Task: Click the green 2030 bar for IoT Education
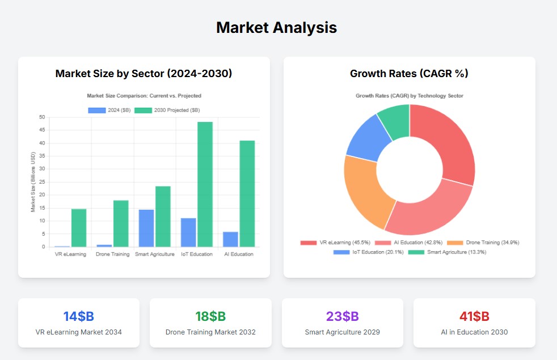pyautogui.click(x=205, y=184)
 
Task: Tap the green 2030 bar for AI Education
pyautogui.click(x=247, y=193)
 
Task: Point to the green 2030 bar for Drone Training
pyautogui.click(x=121, y=223)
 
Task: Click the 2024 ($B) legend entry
pyautogui.click(x=109, y=110)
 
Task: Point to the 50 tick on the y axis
pyautogui.click(x=42, y=117)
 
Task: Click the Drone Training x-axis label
pyautogui.click(x=112, y=254)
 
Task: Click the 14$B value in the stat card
pyautogui.click(x=78, y=316)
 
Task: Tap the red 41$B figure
pyautogui.click(x=474, y=316)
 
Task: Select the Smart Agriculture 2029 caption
pyautogui.click(x=342, y=332)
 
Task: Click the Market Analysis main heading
pyautogui.click(x=277, y=27)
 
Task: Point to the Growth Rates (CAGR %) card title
pyautogui.click(x=409, y=74)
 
